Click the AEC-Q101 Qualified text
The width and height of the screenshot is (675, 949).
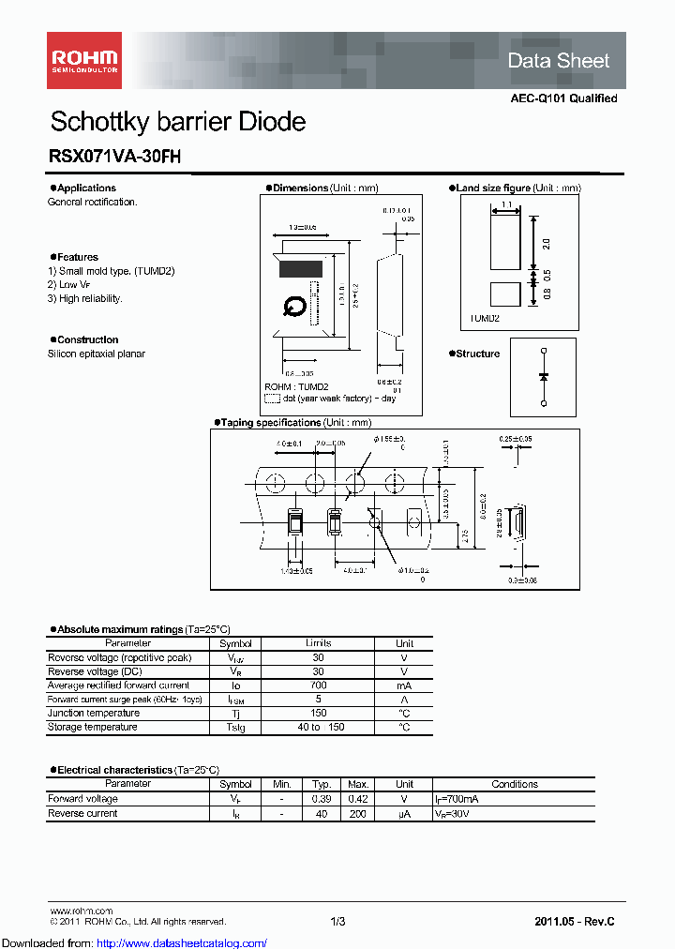[x=563, y=98]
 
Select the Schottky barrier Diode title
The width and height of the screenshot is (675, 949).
[x=177, y=122]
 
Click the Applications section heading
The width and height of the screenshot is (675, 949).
[x=86, y=188]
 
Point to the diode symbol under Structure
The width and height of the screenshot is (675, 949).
[x=544, y=376]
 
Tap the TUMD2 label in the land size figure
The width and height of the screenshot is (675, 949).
[x=485, y=318]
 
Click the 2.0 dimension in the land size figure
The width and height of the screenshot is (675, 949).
[x=546, y=244]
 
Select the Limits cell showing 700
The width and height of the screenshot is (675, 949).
[x=318, y=685]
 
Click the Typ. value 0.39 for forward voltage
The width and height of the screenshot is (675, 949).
[x=321, y=799]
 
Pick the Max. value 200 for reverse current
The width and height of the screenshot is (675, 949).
[x=357, y=814]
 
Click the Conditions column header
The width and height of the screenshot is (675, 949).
[x=514, y=784]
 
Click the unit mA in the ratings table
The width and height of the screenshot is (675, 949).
[x=404, y=685]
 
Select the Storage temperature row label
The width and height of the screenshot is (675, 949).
[x=92, y=728]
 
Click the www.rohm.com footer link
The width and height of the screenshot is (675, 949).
[x=80, y=911]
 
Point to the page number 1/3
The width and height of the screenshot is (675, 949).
[x=337, y=922]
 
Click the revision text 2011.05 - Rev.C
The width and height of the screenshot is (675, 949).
[x=574, y=922]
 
